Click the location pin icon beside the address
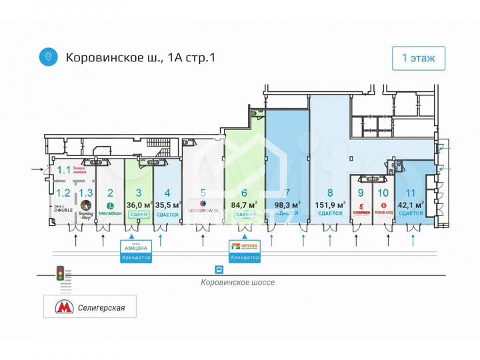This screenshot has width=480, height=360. tap(47, 57)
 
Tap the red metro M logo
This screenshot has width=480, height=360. tap(64, 308)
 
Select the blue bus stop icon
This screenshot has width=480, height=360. tap(219, 270)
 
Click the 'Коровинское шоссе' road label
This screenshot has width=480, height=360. tap(238, 282)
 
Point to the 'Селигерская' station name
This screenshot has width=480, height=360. tap(102, 309)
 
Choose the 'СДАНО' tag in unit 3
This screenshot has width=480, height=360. tap(139, 214)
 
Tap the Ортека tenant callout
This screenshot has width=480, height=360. tap(244, 250)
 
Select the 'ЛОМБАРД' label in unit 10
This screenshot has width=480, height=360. tap(383, 213)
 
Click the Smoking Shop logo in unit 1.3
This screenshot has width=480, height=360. tap(85, 210)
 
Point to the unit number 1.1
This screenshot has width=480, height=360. tap(63, 170)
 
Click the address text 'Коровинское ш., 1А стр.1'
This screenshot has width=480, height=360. tap(140, 57)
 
